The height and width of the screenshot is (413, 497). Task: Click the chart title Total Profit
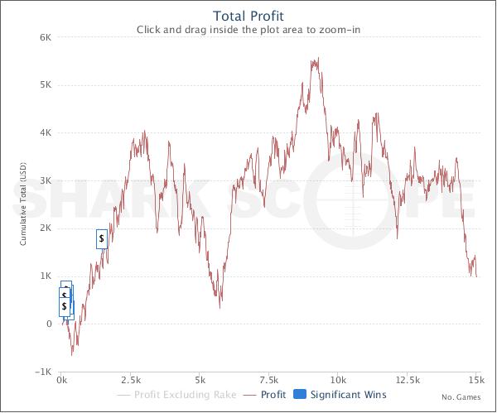coord(248,15)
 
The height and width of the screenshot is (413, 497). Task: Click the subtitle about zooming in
coord(248,31)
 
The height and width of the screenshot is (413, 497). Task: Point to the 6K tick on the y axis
coord(46,37)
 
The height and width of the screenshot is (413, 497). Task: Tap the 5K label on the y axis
coord(46,85)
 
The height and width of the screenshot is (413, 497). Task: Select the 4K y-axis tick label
coord(46,132)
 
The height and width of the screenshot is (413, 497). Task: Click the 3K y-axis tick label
coord(46,180)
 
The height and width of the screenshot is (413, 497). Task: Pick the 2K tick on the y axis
coord(46,228)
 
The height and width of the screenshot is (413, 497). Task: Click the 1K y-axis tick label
coord(46,276)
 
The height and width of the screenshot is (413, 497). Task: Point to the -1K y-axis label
coord(44,371)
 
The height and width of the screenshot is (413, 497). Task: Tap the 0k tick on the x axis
coord(62,381)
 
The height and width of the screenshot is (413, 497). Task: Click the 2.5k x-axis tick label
coord(131,381)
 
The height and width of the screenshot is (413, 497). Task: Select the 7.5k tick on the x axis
coord(269,381)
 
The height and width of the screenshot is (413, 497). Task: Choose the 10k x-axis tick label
coord(339,381)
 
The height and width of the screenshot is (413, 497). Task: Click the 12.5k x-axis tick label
coord(407,381)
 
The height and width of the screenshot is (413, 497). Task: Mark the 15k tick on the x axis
coord(475,381)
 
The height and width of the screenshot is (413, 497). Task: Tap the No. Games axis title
coord(459,398)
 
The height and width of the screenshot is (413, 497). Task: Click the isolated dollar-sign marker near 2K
coord(101,238)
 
